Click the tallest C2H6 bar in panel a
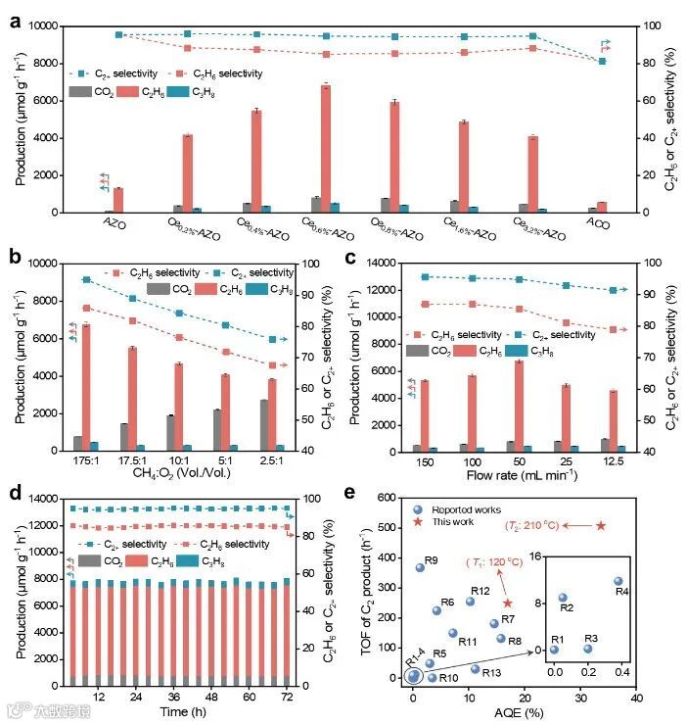[x=326, y=148]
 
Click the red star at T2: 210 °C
[x=601, y=526]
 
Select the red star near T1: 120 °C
[x=507, y=604]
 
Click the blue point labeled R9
[x=420, y=567]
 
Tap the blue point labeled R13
[x=476, y=669]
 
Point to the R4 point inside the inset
[x=617, y=581]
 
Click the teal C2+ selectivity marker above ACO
[x=602, y=62]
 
